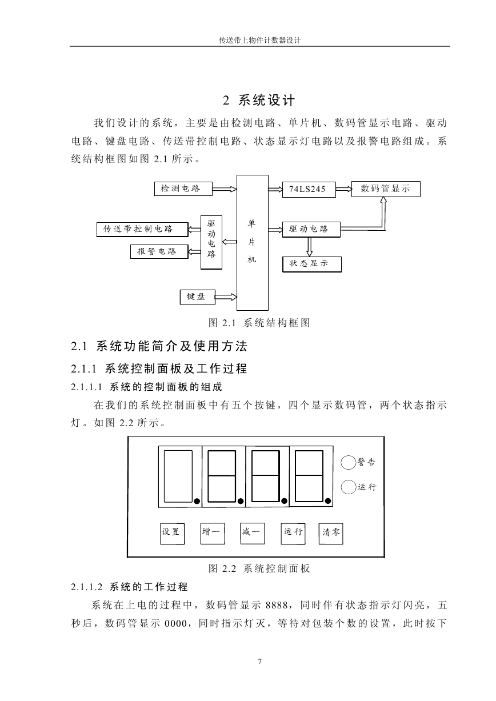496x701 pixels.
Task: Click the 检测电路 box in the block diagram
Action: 183,189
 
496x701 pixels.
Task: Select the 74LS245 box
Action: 309,189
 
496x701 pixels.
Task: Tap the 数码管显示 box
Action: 386,189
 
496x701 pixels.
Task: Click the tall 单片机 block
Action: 252,243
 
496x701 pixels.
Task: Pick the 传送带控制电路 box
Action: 142,230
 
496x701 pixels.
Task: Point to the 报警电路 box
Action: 159,251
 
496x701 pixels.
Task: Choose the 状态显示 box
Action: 311,264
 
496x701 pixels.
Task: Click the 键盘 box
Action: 198,297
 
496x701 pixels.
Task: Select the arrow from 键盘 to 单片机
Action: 226,297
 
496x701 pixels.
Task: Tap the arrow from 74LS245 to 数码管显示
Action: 343,189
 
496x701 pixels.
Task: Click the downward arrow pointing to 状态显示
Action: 310,247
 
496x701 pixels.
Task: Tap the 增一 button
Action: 213,533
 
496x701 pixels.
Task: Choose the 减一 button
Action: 252,533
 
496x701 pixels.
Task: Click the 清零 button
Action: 330,534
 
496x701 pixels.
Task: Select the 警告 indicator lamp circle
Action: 349,463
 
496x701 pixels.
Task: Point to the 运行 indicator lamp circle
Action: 349,487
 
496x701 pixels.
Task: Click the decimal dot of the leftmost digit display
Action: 197,501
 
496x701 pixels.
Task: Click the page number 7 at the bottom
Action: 260,661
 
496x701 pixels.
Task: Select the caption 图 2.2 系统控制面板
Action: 259,568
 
